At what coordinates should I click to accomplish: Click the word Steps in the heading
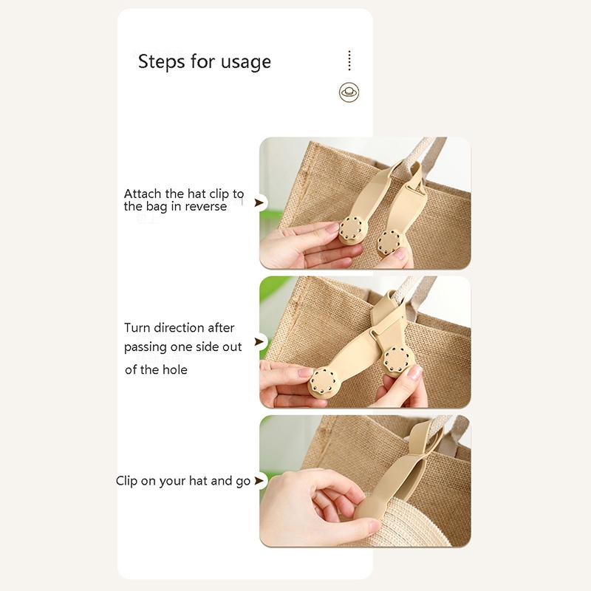tap(161, 62)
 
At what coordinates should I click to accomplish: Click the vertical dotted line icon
tap(349, 61)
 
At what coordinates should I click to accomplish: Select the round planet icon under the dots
tap(349, 92)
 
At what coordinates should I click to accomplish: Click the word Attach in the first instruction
tap(143, 194)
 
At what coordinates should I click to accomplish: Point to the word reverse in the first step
tap(206, 207)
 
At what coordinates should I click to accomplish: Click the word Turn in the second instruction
tap(137, 327)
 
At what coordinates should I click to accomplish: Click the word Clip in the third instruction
tap(126, 481)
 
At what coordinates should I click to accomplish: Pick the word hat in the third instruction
tap(198, 481)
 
